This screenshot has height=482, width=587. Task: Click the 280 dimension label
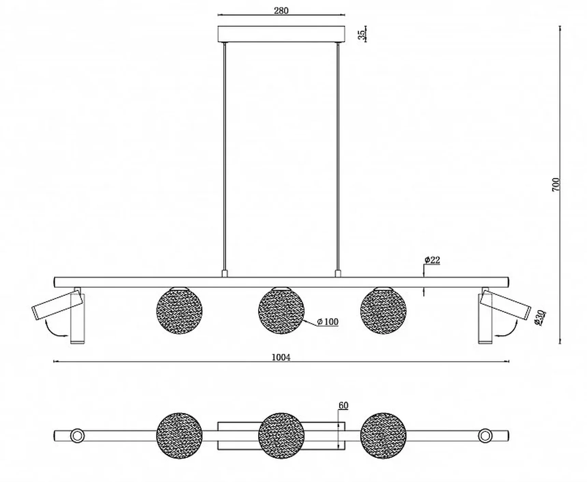[x=281, y=11]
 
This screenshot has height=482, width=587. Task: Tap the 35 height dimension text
[x=361, y=34]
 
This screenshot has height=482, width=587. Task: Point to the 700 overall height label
[x=556, y=184]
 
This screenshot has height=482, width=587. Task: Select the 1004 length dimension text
[x=281, y=357]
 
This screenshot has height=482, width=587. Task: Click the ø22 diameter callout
[x=432, y=260]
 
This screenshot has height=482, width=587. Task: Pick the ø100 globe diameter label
[x=328, y=322]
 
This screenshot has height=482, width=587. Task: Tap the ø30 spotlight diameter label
[x=540, y=317]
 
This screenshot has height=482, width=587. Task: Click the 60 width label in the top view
[x=343, y=406]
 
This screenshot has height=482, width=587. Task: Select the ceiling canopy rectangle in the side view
[x=281, y=34]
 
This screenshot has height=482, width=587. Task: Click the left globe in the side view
[x=179, y=311]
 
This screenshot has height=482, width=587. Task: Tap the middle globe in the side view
[x=281, y=311]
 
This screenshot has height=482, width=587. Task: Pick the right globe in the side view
[x=383, y=311]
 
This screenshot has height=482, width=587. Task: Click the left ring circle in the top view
[x=77, y=436]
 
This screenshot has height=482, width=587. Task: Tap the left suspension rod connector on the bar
[x=225, y=274]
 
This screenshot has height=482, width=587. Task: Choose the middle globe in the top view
[x=281, y=436]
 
